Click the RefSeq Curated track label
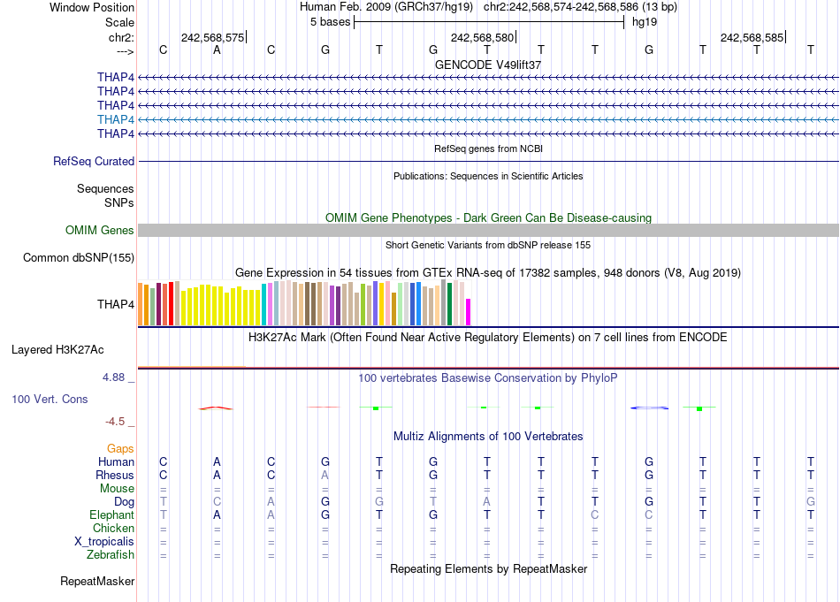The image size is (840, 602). [x=94, y=162]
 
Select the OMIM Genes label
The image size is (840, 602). [x=100, y=231]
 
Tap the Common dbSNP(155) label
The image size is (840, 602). [x=79, y=258]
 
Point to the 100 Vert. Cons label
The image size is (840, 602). [x=50, y=400]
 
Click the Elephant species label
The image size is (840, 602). [x=111, y=514]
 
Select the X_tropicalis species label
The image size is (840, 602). [x=104, y=542]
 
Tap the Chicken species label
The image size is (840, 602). [x=113, y=529]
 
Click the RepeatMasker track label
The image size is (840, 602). [x=97, y=582]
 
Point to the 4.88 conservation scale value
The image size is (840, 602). [x=117, y=377]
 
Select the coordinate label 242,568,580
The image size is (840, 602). [x=482, y=37]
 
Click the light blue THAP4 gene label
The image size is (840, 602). [x=116, y=119]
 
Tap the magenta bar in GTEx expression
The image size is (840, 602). [x=469, y=313]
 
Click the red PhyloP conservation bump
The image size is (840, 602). [x=216, y=408]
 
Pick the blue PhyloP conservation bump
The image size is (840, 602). [x=649, y=408]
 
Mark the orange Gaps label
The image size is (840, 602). [x=120, y=449]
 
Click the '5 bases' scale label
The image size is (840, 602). [x=330, y=22]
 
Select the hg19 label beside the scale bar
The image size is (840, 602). [x=644, y=22]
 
